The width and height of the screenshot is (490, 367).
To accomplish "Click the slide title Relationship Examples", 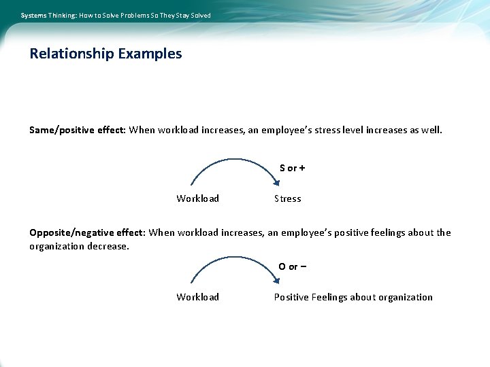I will [x=105, y=54].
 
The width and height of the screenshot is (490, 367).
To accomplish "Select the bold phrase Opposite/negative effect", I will [x=86, y=232].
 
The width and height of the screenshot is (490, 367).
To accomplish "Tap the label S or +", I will [x=292, y=168].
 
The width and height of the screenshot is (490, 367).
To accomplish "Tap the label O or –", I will [x=292, y=266].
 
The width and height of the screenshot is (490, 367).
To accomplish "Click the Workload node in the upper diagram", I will [x=197, y=198].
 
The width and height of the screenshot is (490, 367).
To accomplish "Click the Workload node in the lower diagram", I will [x=197, y=297].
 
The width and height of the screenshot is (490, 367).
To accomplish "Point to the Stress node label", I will [x=287, y=198].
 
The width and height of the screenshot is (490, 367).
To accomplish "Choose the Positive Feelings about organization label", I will [x=353, y=297].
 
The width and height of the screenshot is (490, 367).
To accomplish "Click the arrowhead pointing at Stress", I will [x=276, y=181].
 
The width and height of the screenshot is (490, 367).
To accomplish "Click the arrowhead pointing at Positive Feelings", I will [x=276, y=279].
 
